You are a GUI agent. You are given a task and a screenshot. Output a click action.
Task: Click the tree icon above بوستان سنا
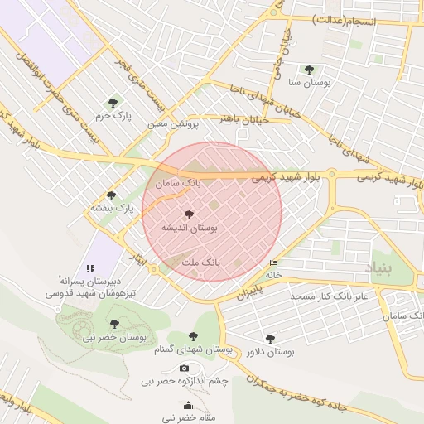[x=309, y=70]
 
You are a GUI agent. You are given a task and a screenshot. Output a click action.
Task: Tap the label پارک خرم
[x=113, y=116]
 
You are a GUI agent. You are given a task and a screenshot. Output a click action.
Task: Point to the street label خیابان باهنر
[x=234, y=120]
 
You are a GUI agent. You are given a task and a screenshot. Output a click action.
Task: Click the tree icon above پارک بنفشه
[x=111, y=195]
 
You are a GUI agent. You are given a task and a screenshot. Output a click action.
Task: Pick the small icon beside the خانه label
[x=274, y=263]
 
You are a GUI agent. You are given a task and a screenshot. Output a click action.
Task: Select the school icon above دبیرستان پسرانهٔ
[x=91, y=268]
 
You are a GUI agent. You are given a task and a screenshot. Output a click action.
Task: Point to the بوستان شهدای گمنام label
[x=193, y=350]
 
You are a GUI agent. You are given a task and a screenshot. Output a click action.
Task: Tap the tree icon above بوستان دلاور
[x=270, y=338]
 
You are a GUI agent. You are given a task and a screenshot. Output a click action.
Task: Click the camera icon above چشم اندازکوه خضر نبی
[x=184, y=369]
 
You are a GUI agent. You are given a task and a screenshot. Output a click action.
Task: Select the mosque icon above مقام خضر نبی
[x=188, y=406]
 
